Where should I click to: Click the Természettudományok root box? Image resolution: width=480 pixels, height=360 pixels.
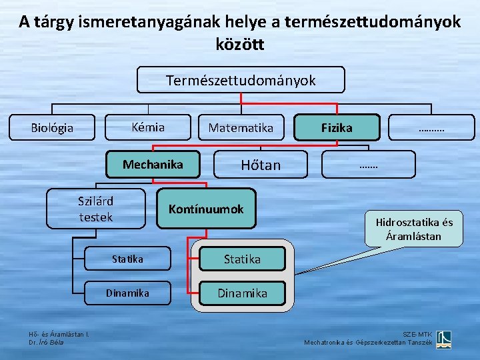click(241, 81)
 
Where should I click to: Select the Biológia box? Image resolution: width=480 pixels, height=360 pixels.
click(53, 127)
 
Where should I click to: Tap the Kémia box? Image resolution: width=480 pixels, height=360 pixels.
click(148, 127)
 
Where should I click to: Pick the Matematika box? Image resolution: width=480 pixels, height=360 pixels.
click(241, 127)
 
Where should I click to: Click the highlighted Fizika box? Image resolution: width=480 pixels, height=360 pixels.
click(337, 127)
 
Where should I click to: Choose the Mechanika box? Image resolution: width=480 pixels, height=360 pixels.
click(153, 165)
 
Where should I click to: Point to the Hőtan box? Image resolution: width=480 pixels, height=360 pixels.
click(261, 165)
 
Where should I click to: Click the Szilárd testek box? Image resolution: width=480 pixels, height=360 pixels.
click(95, 209)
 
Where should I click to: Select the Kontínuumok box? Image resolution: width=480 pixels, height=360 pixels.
click(206, 209)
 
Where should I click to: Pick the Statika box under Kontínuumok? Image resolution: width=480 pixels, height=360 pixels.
click(242, 259)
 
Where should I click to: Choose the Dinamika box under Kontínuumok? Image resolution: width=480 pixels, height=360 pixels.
click(242, 293)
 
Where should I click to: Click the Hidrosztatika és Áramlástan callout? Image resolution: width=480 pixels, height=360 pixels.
click(413, 229)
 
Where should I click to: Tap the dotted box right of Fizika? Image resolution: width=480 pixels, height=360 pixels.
click(432, 127)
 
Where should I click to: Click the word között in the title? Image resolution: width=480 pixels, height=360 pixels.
click(240, 45)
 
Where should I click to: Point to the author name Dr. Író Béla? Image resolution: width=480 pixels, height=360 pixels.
click(47, 343)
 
